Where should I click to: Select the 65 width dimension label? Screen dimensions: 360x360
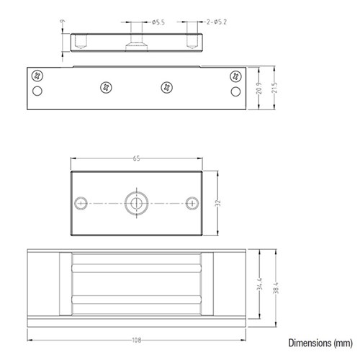point(136,158)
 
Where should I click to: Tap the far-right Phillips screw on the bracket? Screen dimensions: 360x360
point(235,75)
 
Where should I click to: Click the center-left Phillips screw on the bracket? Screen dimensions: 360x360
point(107,87)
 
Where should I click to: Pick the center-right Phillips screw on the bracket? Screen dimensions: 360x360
point(167,87)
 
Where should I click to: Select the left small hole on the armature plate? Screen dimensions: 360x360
point(82,203)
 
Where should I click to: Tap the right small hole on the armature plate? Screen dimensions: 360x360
point(191,203)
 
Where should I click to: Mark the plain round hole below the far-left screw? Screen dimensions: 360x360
point(37,91)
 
